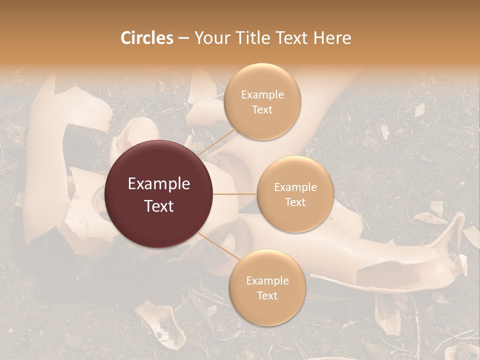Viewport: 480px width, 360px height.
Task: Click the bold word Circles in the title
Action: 147,38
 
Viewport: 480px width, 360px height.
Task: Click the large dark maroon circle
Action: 159,194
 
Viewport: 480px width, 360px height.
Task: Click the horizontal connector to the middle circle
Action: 235,194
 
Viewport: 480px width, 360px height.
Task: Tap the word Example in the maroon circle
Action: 159,184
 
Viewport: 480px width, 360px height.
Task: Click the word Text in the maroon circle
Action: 159,205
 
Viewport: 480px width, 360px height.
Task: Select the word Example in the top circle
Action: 262,95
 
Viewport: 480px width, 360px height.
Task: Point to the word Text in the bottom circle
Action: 267,295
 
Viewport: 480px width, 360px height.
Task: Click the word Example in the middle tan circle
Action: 295,187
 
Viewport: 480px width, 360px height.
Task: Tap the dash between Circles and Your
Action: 183,38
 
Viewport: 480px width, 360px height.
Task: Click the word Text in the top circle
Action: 262,109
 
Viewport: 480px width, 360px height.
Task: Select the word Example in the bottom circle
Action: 267,281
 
